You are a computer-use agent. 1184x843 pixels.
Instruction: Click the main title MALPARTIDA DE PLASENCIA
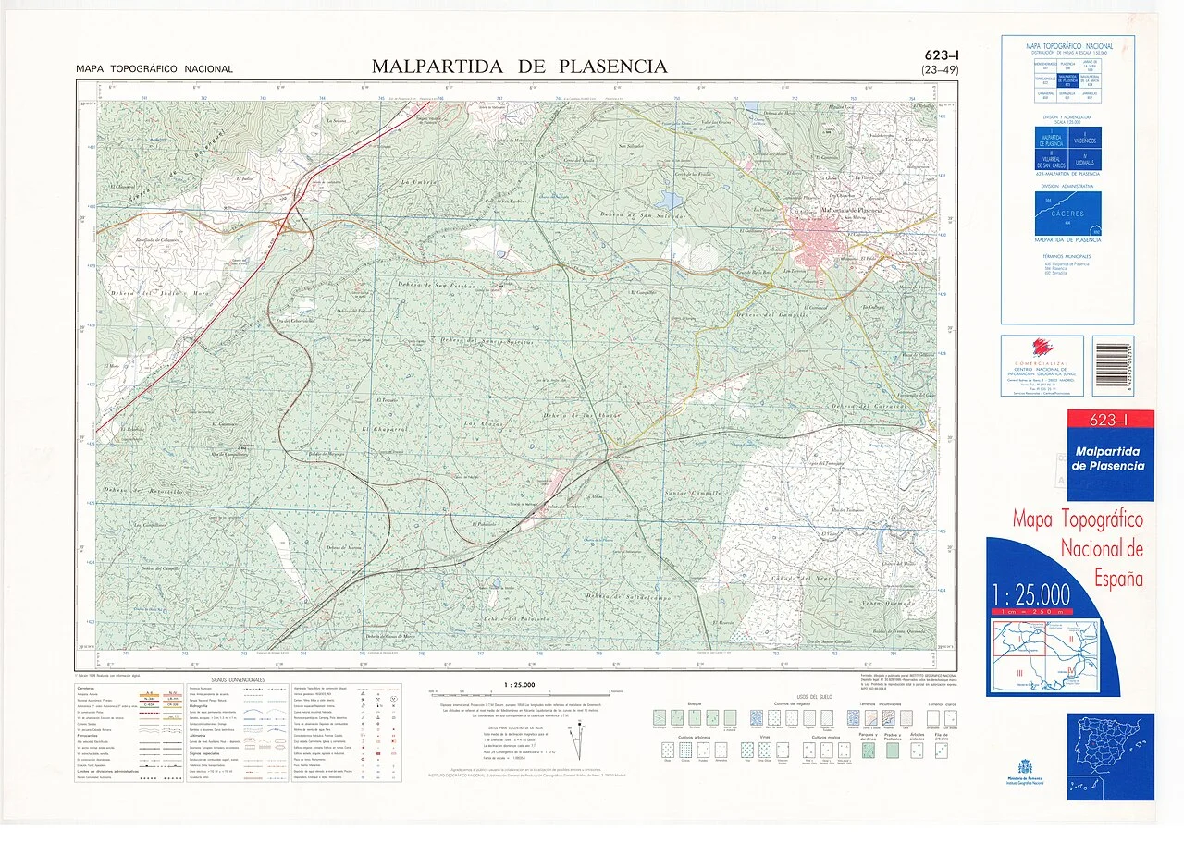519,67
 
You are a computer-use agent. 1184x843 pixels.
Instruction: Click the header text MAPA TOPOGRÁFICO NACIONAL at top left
154,69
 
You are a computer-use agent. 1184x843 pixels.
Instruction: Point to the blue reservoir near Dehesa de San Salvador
670,200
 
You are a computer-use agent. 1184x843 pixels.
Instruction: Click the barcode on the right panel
1112,366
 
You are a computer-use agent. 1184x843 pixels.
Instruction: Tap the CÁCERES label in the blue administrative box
1067,214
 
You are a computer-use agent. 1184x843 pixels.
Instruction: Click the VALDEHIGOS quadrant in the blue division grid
1083,140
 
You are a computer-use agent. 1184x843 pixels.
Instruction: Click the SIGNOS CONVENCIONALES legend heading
238,679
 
